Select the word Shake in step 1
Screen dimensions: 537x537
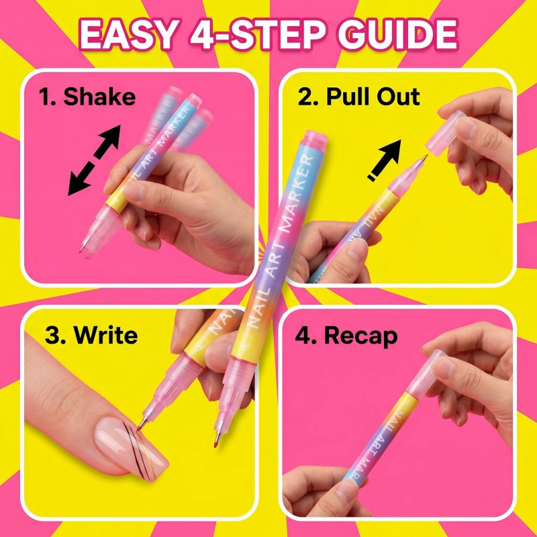(99, 96)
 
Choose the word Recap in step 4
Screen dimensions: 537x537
(360, 337)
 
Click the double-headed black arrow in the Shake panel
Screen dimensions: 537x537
(94, 160)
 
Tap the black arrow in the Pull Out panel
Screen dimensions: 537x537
(385, 160)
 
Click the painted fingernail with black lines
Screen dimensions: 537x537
(132, 448)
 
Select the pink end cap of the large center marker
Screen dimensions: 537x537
(315, 140)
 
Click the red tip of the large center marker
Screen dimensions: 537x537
(216, 444)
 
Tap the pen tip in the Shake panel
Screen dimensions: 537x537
(83, 247)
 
